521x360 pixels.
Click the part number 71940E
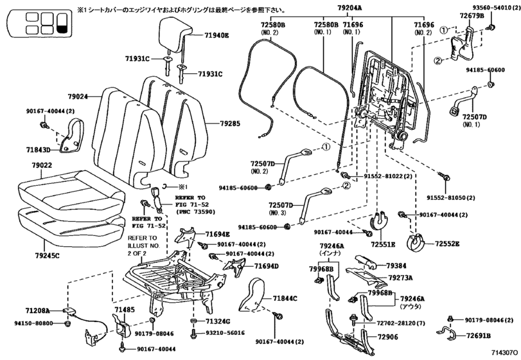click(x=216, y=35)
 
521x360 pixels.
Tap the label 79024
click(x=78, y=96)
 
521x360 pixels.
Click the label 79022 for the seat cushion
click(x=42, y=165)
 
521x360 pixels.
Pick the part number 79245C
click(x=47, y=256)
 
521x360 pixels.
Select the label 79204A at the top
click(x=349, y=8)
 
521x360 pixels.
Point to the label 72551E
click(x=383, y=245)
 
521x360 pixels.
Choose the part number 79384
click(x=396, y=266)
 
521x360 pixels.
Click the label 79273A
click(x=400, y=278)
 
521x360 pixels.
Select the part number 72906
click(x=388, y=337)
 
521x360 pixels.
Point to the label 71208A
click(x=37, y=310)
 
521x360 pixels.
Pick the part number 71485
click(x=125, y=310)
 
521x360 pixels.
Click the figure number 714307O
click(x=505, y=352)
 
